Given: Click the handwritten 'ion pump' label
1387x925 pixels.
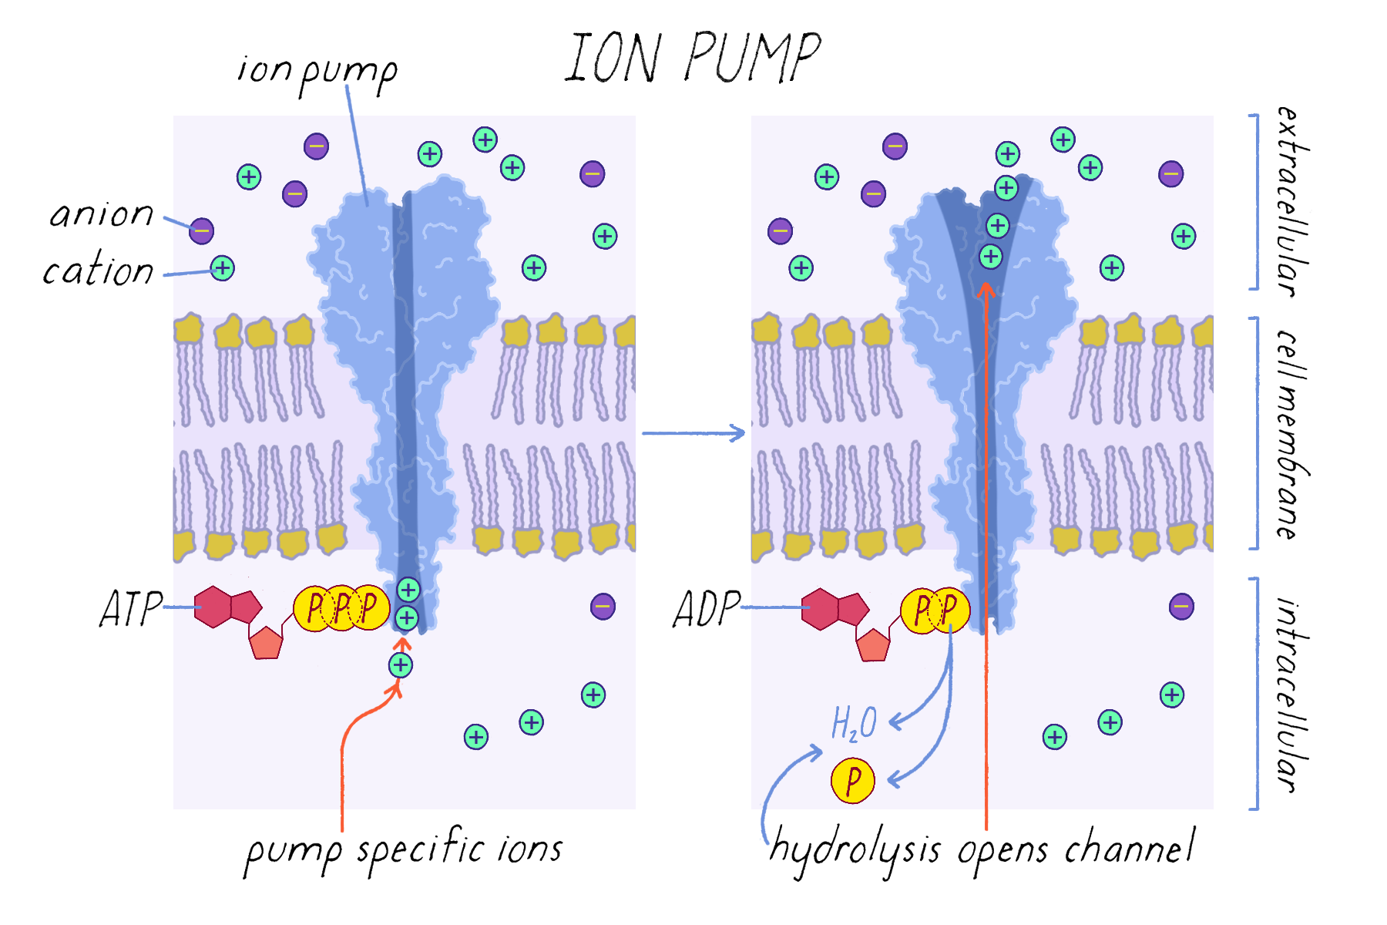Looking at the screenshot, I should pyautogui.click(x=317, y=71).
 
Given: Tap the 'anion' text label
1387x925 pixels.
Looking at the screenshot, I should pyautogui.click(x=102, y=214).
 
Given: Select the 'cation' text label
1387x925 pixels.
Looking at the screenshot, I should pyautogui.click(x=98, y=271).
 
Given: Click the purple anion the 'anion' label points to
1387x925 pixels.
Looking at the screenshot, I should pyautogui.click(x=201, y=230).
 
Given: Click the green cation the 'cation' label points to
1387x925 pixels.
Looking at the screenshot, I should pyautogui.click(x=223, y=268).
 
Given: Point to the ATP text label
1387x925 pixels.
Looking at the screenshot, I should pyautogui.click(x=131, y=608).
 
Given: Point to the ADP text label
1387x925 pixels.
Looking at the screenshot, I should pyautogui.click(x=706, y=608).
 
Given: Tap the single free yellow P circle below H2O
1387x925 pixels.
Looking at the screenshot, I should pyautogui.click(x=853, y=781).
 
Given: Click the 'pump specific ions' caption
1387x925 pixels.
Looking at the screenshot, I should pyautogui.click(x=404, y=850).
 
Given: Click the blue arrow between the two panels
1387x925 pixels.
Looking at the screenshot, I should pyautogui.click(x=693, y=433).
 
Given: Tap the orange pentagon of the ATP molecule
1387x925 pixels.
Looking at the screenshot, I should pyautogui.click(x=266, y=643).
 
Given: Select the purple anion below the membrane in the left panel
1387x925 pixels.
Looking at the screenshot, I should pyautogui.click(x=603, y=607).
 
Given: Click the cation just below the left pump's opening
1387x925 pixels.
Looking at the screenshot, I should pyautogui.click(x=400, y=664).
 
